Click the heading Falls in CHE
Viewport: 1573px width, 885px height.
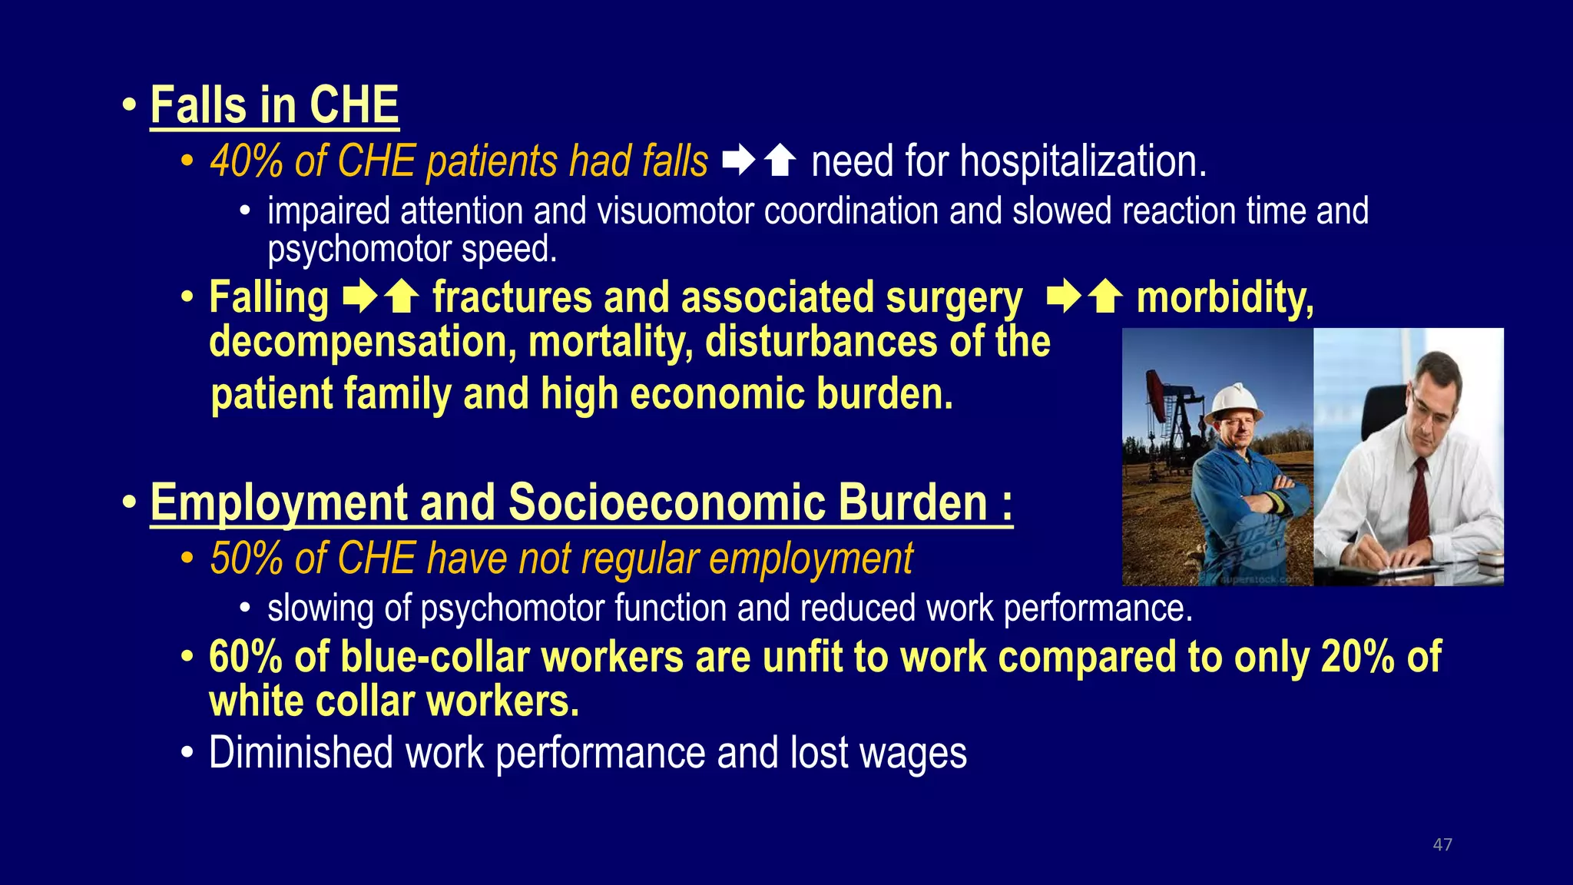click(274, 105)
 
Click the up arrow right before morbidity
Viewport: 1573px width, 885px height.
click(1105, 297)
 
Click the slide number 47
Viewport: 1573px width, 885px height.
click(1442, 844)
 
